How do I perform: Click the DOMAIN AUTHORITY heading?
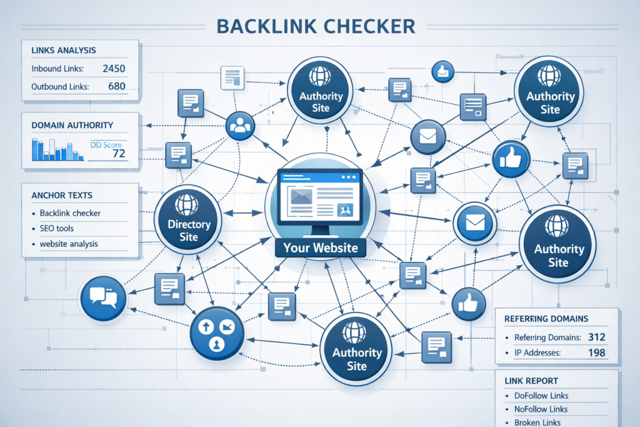[72, 125]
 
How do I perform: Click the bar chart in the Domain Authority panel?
[56, 149]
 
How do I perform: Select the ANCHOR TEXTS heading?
[66, 195]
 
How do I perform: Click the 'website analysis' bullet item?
[69, 244]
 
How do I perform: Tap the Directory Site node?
[188, 222]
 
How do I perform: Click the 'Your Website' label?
[320, 248]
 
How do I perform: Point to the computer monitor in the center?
[321, 197]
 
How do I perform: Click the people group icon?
[240, 126]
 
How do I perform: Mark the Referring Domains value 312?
[597, 337]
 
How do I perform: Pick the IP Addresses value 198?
[597, 353]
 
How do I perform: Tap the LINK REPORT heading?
[531, 380]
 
